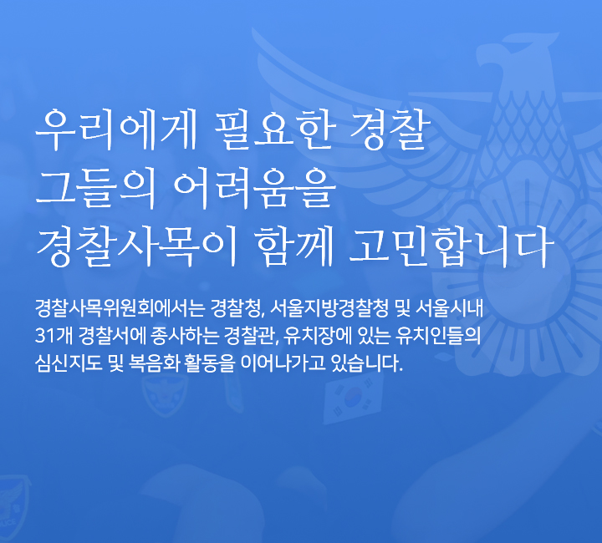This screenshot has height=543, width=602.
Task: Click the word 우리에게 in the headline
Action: tap(115, 129)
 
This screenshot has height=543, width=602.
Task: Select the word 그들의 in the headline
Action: tap(95, 189)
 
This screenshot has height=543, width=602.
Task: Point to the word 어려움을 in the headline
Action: tap(255, 189)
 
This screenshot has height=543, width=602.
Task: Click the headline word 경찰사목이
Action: tap(136, 246)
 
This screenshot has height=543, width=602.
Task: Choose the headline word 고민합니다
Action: tap(451, 246)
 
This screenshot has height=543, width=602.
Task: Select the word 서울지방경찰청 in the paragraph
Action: tap(329, 308)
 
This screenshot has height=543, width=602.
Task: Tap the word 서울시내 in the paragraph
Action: tap(449, 308)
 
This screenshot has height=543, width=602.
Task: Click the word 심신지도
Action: tap(69, 363)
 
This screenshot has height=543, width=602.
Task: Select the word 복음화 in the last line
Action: tap(155, 363)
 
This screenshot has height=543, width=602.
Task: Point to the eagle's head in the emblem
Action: tap(514, 58)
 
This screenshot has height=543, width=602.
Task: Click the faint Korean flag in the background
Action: tap(353, 398)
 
